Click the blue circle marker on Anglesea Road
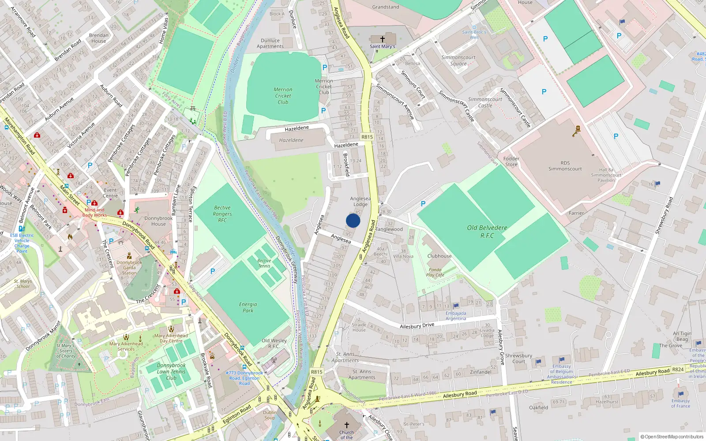coord(353,220)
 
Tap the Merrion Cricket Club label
coord(283,96)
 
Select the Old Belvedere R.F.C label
coord(487,232)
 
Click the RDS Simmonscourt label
coord(565,166)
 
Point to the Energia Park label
coord(248,307)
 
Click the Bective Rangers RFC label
coord(222,214)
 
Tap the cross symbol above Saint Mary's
coord(383,39)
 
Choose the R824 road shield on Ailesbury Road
coord(678,370)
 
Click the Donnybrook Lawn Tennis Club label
coord(171,371)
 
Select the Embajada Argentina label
coord(456,316)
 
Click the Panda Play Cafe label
coord(435,272)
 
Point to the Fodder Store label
coord(511,161)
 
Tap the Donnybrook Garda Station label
coord(129,267)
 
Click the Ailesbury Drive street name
coord(417,325)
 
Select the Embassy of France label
coord(680,403)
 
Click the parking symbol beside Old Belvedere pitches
coord(423,204)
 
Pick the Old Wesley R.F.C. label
coord(274,343)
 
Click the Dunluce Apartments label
coord(270,43)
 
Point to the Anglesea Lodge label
coord(360,201)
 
